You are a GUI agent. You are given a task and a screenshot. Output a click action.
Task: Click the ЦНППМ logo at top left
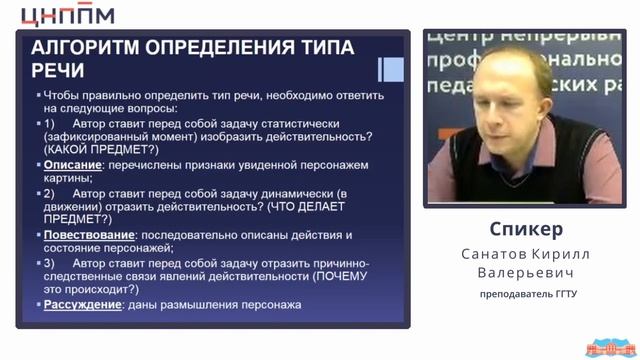pos(69,14)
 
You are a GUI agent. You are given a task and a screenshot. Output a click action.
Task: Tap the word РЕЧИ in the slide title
pos(58,72)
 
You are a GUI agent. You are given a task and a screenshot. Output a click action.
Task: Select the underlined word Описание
pos(70,164)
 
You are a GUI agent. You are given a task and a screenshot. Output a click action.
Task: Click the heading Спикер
pos(520,229)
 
